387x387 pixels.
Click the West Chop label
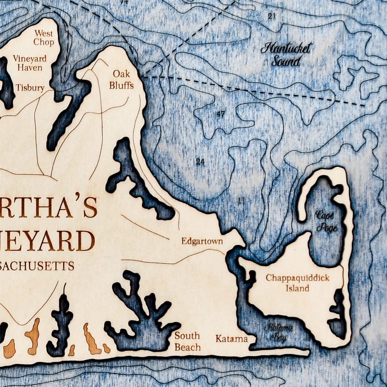click(x=43, y=38)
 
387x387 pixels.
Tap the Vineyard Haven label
click(x=30, y=63)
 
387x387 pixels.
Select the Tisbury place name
click(x=30, y=88)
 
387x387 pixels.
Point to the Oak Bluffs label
click(x=121, y=79)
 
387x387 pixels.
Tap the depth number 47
click(x=221, y=114)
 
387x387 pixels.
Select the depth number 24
click(x=200, y=162)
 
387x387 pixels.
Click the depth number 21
click(x=272, y=16)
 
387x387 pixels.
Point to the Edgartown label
click(x=202, y=242)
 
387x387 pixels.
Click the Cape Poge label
click(x=326, y=221)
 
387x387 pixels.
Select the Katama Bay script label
click(x=279, y=332)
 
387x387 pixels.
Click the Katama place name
click(x=231, y=339)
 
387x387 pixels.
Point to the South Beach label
click(x=187, y=341)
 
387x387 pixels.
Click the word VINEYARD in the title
click(x=46, y=240)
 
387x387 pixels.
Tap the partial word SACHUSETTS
click(x=37, y=266)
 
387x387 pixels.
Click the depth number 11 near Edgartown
click(x=241, y=200)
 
